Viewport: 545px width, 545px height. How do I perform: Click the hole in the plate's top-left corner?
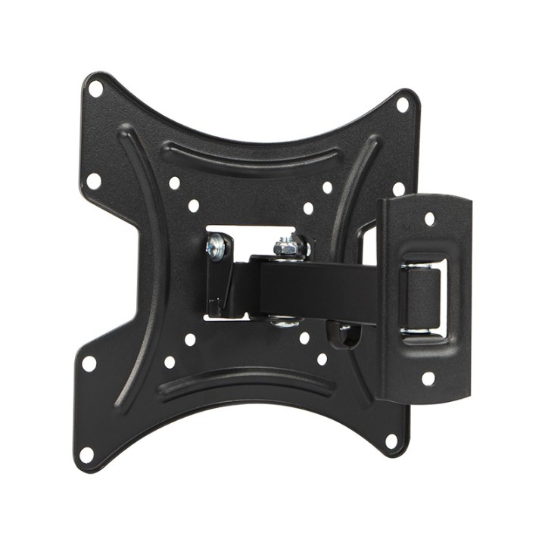(95, 89)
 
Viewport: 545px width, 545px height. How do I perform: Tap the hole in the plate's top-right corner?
(403, 104)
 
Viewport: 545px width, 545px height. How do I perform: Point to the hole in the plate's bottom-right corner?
(391, 441)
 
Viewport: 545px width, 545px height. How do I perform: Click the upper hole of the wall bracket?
(429, 219)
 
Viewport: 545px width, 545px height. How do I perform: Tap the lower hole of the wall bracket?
(428, 378)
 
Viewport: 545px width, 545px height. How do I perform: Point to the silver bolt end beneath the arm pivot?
(285, 322)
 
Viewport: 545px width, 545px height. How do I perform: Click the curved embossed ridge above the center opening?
(250, 156)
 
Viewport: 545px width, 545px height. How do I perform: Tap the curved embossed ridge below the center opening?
(246, 382)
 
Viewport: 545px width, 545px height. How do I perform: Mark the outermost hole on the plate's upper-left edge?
(93, 182)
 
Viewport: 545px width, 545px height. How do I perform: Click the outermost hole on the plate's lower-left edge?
(89, 363)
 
